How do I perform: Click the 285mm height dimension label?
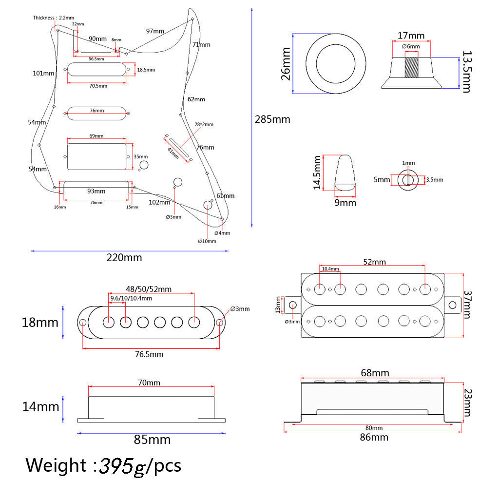click(272, 119)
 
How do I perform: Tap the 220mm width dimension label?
click(124, 257)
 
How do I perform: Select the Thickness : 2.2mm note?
click(54, 18)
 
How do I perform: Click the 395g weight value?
click(122, 466)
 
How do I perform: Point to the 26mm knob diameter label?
click(286, 64)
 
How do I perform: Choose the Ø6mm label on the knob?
click(411, 46)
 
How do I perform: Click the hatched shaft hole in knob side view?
click(411, 67)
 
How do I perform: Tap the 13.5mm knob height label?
click(466, 72)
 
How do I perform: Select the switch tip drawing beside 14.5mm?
click(345, 173)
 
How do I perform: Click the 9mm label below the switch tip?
click(345, 203)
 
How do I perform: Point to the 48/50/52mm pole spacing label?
click(149, 289)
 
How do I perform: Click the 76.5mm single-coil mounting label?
click(149, 354)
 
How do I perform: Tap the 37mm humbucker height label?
click(467, 305)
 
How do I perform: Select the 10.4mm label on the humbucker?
click(330, 269)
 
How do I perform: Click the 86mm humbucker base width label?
click(374, 437)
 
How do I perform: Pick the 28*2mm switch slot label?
click(204, 124)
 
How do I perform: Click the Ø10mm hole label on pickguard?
click(207, 241)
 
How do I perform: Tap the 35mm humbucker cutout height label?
click(141, 156)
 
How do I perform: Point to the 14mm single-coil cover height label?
click(41, 407)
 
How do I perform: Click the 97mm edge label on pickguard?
click(155, 31)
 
